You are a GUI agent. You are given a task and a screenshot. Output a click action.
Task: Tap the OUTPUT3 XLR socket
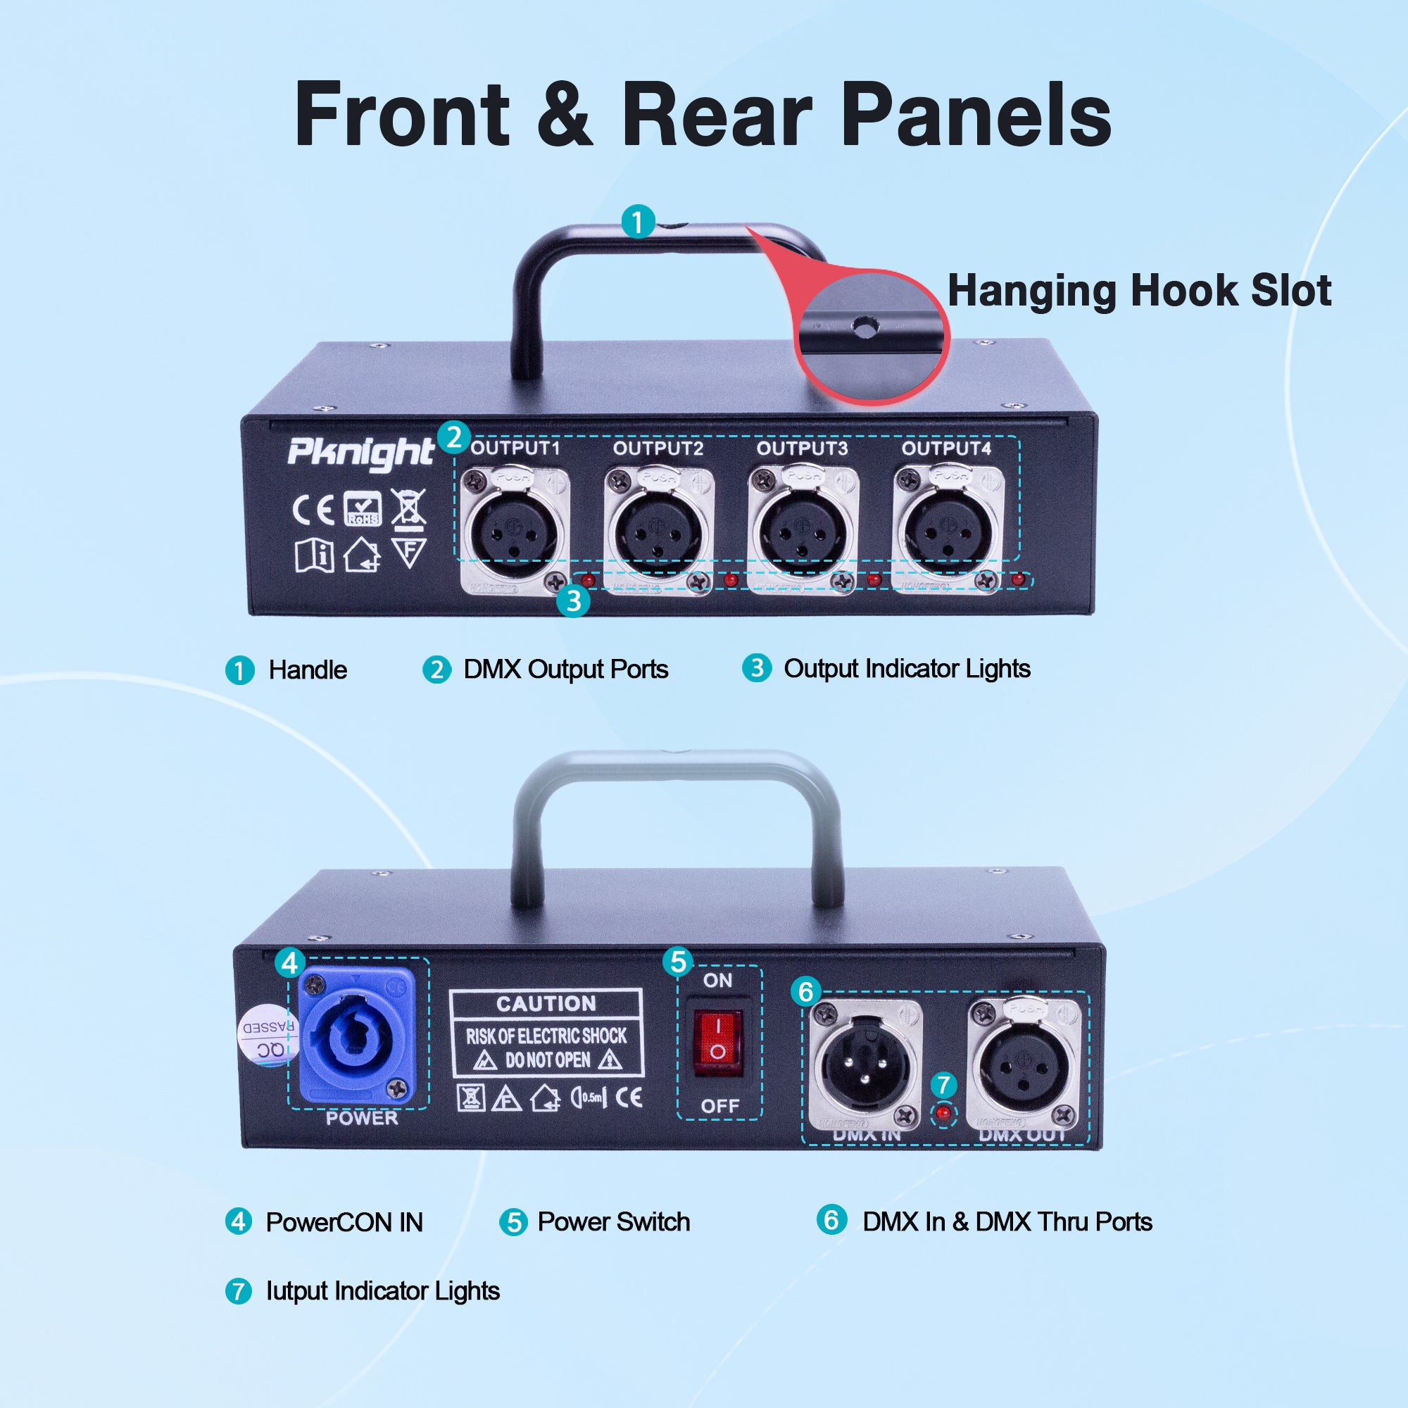tap(803, 531)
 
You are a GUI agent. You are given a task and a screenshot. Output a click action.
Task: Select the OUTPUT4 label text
tap(946, 448)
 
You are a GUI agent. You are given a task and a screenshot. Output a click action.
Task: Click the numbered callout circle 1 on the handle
tap(638, 222)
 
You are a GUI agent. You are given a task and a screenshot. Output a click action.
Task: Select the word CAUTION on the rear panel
tap(546, 1003)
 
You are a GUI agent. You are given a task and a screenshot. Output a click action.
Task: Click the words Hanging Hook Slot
tap(1139, 291)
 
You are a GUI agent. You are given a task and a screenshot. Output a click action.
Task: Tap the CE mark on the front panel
tap(313, 510)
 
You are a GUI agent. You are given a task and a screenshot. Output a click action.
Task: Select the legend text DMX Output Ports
tap(565, 669)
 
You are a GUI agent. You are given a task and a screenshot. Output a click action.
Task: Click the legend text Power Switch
tap(614, 1222)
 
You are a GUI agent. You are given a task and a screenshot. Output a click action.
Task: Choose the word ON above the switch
tap(717, 980)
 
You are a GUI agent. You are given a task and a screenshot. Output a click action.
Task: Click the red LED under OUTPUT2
tap(731, 580)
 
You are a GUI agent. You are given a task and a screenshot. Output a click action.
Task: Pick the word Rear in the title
tap(717, 115)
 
